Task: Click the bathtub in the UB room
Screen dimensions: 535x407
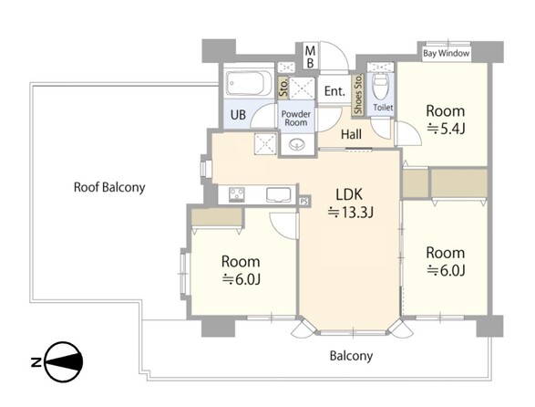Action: click(x=249, y=83)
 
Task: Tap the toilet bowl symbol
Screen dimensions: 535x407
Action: click(x=381, y=86)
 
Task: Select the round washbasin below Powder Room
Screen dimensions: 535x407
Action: click(x=296, y=144)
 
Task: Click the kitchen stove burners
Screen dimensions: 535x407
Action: click(x=236, y=194)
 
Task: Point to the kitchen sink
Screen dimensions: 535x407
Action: click(x=278, y=194)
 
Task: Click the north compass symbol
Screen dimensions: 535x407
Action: click(x=64, y=361)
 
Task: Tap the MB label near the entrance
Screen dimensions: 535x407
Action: click(x=310, y=57)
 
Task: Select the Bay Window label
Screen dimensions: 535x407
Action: click(x=447, y=53)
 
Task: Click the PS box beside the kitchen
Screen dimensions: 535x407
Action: click(x=304, y=201)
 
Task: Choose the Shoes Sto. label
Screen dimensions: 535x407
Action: click(x=358, y=94)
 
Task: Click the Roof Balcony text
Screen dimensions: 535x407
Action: click(x=109, y=187)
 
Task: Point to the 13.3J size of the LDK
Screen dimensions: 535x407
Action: click(x=351, y=213)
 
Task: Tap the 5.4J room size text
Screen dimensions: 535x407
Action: click(x=446, y=129)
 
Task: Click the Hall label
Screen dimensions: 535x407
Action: click(x=352, y=134)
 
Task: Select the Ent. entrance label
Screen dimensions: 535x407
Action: click(x=334, y=91)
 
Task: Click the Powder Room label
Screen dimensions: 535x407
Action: click(x=296, y=119)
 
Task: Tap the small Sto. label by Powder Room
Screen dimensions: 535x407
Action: click(x=283, y=87)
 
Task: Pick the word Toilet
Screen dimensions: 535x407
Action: click(x=383, y=108)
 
